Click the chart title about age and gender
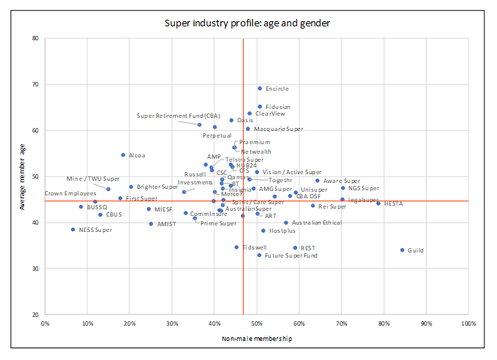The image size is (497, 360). (x=247, y=23)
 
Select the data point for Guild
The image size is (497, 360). (x=403, y=250)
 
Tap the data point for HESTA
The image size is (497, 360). (x=378, y=203)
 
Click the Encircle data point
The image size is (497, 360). (x=260, y=89)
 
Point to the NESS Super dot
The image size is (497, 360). (x=73, y=230)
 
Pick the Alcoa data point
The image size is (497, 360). (x=123, y=155)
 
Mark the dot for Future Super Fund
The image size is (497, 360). (x=259, y=255)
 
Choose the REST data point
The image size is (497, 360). (x=296, y=248)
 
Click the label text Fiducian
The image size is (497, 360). (x=277, y=107)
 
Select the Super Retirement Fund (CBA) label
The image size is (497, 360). (x=178, y=116)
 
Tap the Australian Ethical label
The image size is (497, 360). (x=316, y=222)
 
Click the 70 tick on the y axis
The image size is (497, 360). (x=35, y=84)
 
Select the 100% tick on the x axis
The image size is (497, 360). (x=468, y=323)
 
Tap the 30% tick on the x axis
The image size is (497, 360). (x=171, y=323)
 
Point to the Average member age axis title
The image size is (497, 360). (x=24, y=176)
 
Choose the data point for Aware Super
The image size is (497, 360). (x=318, y=181)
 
